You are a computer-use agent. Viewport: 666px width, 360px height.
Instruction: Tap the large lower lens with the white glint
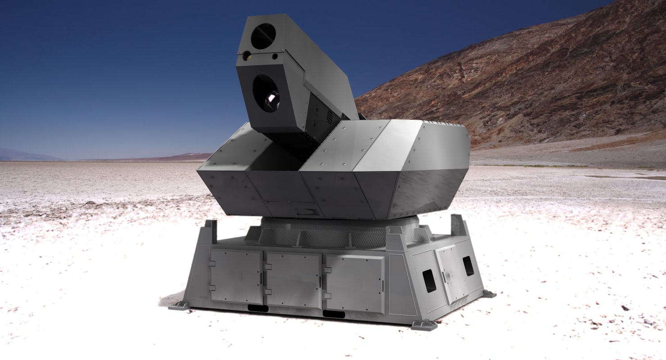click(x=265, y=93)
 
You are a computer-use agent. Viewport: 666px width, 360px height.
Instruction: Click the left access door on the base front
click(x=236, y=275)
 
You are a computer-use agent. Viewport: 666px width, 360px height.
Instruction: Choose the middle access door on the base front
click(x=294, y=279)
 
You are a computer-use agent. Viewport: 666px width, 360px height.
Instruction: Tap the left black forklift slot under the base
click(x=258, y=308)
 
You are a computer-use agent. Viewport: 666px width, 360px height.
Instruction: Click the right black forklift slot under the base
click(x=333, y=314)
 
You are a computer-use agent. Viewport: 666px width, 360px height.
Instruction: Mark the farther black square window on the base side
click(x=468, y=266)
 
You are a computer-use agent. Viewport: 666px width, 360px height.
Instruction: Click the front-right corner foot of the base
click(x=424, y=325)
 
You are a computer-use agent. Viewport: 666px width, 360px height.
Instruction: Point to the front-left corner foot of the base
click(x=179, y=306)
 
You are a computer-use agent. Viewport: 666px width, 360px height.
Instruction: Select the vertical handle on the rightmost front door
click(x=382, y=285)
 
